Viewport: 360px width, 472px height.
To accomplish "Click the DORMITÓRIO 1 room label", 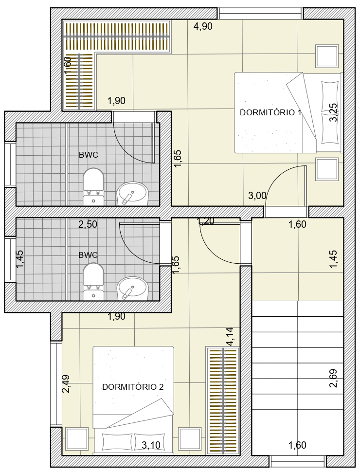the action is point(270,112).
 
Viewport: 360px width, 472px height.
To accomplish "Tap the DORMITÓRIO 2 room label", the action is point(133,387).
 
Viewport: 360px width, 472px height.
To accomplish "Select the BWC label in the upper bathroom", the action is point(89,155).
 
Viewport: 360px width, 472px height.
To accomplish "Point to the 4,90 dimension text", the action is point(203,26).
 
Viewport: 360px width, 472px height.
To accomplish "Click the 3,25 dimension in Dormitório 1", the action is point(333,112).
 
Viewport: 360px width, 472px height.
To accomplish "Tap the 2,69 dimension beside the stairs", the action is point(333,378).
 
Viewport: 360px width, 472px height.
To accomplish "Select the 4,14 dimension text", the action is point(230,337).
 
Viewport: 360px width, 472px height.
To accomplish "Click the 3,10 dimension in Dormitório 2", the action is point(151,445).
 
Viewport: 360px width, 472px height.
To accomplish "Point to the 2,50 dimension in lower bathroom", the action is point(88,224).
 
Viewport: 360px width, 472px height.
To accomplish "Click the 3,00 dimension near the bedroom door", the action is point(257,196).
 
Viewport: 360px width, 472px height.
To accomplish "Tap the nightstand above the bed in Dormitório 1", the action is point(327,56).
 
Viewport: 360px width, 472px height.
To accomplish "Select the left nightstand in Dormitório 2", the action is point(77,439).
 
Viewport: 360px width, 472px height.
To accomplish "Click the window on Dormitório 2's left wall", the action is point(56,384).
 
